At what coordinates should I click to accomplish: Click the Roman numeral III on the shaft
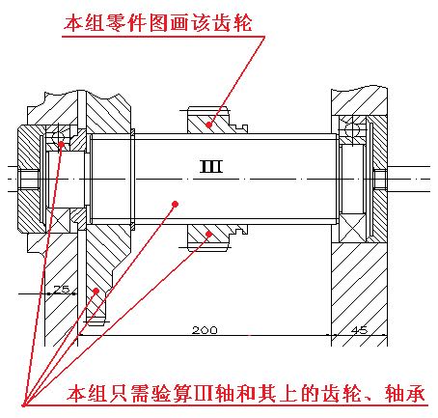211,167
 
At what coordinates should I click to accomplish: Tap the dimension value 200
205,330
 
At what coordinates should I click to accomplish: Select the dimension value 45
359,330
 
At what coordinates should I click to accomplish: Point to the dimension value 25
62,289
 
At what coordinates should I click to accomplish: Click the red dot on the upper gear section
209,125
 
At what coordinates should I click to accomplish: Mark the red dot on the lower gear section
209,234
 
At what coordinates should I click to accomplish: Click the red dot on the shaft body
176,204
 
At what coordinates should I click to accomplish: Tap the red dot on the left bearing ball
61,144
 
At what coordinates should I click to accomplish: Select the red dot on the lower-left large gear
96,291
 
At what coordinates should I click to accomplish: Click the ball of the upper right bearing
352,130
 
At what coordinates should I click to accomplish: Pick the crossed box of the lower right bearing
352,228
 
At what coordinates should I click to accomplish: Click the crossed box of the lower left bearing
58,220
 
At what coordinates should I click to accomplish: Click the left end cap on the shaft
30,179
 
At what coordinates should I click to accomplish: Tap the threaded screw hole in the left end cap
29,179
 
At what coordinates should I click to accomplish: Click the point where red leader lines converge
23,405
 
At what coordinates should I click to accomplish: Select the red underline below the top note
163,37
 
